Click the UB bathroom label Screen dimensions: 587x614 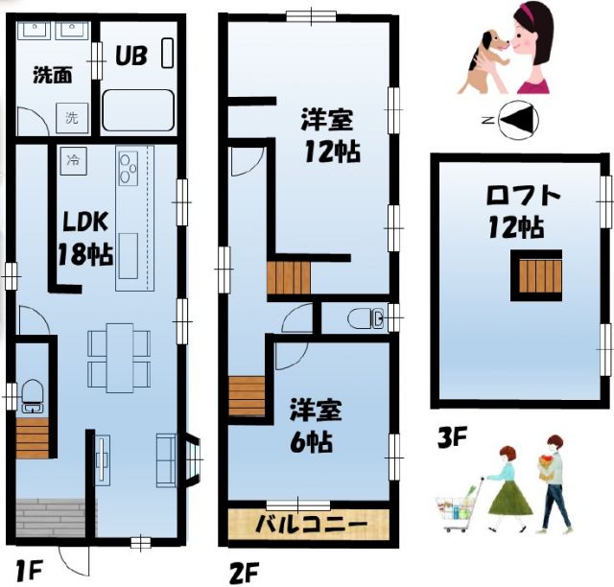point(130,56)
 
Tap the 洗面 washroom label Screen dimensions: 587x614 point(52,75)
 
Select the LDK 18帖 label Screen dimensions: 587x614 point(86,238)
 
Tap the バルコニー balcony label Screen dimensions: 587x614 point(311,526)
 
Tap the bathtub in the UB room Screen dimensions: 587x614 point(137,111)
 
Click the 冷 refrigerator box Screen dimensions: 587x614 point(72,159)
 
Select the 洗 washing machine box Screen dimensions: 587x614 point(72,118)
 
